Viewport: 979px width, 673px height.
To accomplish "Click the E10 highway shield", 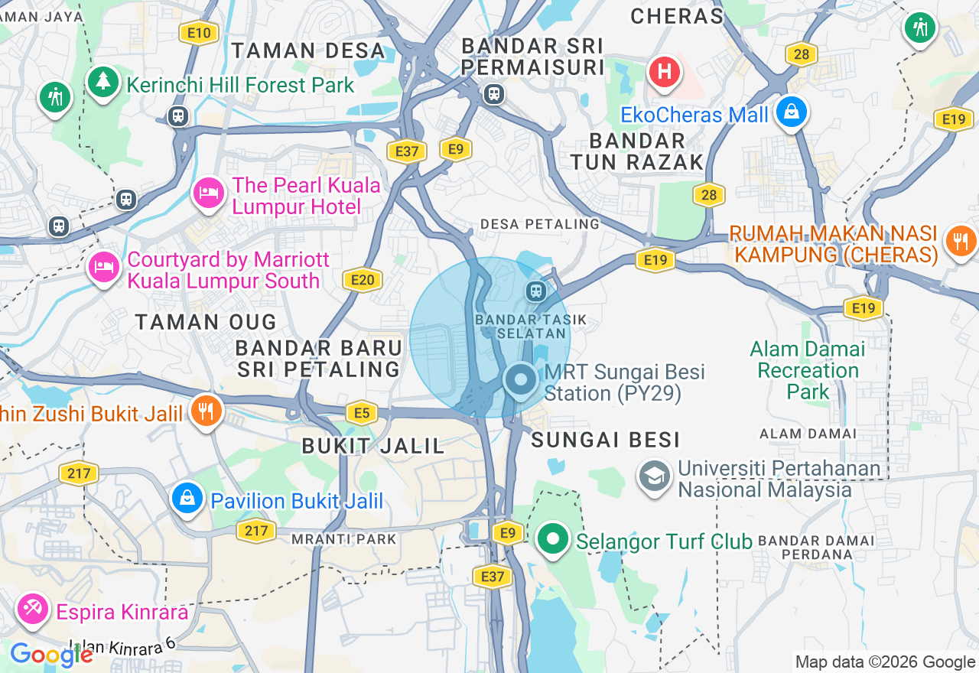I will [x=199, y=32].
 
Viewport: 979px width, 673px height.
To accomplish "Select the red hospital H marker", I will [x=665, y=73].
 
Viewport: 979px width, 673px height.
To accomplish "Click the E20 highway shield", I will [x=363, y=280].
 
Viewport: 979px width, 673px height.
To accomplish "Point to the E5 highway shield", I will [x=362, y=414].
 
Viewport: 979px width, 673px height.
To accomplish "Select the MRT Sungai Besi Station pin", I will [x=522, y=380].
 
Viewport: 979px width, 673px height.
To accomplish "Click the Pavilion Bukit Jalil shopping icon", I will [x=187, y=499].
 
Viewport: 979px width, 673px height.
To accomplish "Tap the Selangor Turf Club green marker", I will [x=551, y=539].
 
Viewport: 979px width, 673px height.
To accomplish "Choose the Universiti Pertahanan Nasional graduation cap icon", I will [x=655, y=476].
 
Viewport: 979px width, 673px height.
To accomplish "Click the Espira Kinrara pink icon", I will [x=33, y=609].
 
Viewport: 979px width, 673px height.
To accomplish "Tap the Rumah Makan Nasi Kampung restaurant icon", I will [x=960, y=242].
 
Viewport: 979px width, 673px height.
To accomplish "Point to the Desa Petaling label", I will [x=540, y=224].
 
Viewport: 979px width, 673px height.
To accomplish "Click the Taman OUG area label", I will [x=206, y=322].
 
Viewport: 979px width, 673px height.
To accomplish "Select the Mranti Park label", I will [x=344, y=539].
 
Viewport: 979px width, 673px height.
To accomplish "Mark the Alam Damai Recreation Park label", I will [x=808, y=371].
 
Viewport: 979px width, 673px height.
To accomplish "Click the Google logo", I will [x=51, y=655].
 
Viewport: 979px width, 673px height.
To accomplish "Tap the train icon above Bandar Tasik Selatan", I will [x=535, y=291].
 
